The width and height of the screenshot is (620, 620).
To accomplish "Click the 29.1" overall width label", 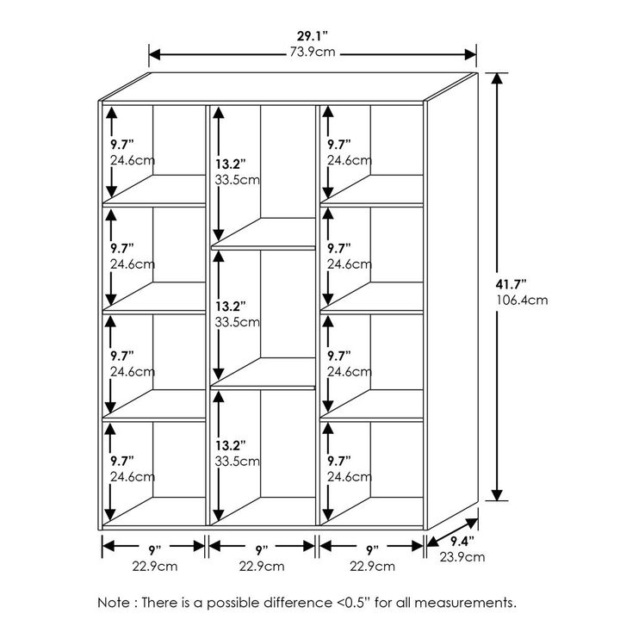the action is click(x=313, y=36).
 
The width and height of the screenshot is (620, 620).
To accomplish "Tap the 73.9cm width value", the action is click(x=313, y=52).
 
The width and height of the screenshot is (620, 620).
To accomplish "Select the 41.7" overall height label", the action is click(x=511, y=284).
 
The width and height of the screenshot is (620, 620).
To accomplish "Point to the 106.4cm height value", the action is click(x=522, y=301).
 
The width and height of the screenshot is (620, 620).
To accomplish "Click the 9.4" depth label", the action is click(x=462, y=542).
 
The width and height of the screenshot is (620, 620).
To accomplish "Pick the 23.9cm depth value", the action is click(x=462, y=557).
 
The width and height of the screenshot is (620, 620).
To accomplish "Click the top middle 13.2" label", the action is click(x=230, y=164).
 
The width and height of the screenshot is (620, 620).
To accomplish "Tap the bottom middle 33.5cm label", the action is click(x=238, y=462).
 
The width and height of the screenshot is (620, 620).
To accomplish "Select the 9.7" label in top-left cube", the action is click(x=122, y=145).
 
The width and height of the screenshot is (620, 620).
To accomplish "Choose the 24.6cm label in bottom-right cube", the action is click(x=350, y=477).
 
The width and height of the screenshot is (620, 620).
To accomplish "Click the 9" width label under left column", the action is click(x=155, y=550).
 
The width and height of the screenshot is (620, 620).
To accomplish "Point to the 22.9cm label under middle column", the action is click(x=262, y=567).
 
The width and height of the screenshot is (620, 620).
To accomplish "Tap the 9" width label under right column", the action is click(x=372, y=550).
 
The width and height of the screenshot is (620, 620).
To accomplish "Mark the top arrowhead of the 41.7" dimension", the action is click(x=497, y=78).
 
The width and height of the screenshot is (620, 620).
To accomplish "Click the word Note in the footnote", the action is click(x=114, y=603).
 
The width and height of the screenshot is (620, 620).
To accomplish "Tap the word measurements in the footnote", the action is click(x=465, y=603).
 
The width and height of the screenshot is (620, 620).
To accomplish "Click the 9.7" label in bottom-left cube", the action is click(x=122, y=461).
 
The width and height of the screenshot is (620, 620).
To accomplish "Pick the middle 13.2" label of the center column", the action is click(x=230, y=307).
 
